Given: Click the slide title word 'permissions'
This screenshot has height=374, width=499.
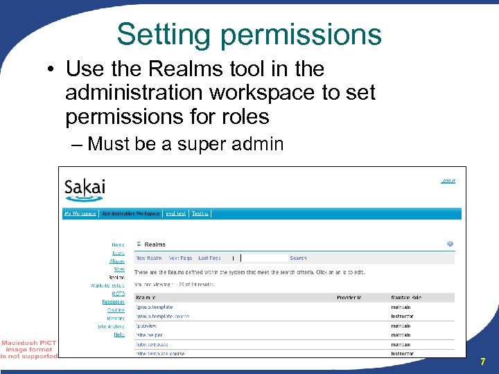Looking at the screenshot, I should [x=308, y=34].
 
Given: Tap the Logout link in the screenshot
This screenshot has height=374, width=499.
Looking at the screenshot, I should [x=448, y=181].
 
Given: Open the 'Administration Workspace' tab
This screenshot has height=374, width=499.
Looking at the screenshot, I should [x=130, y=214].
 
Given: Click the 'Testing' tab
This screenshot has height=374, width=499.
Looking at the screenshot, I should [x=200, y=214].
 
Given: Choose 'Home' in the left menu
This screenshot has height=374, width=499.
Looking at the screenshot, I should [x=119, y=244].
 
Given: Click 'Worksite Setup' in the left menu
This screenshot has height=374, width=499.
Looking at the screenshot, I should [x=108, y=285].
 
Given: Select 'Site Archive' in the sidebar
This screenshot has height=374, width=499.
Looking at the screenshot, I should [x=111, y=326].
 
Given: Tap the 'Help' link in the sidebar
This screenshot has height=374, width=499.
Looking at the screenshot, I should [x=119, y=335].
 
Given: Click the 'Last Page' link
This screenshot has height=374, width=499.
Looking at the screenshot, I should [x=209, y=258].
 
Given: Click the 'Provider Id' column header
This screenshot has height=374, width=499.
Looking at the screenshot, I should [x=349, y=298].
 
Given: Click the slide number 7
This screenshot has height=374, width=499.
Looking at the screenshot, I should [x=482, y=362].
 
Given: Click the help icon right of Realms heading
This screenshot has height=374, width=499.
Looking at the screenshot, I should [x=450, y=244].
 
